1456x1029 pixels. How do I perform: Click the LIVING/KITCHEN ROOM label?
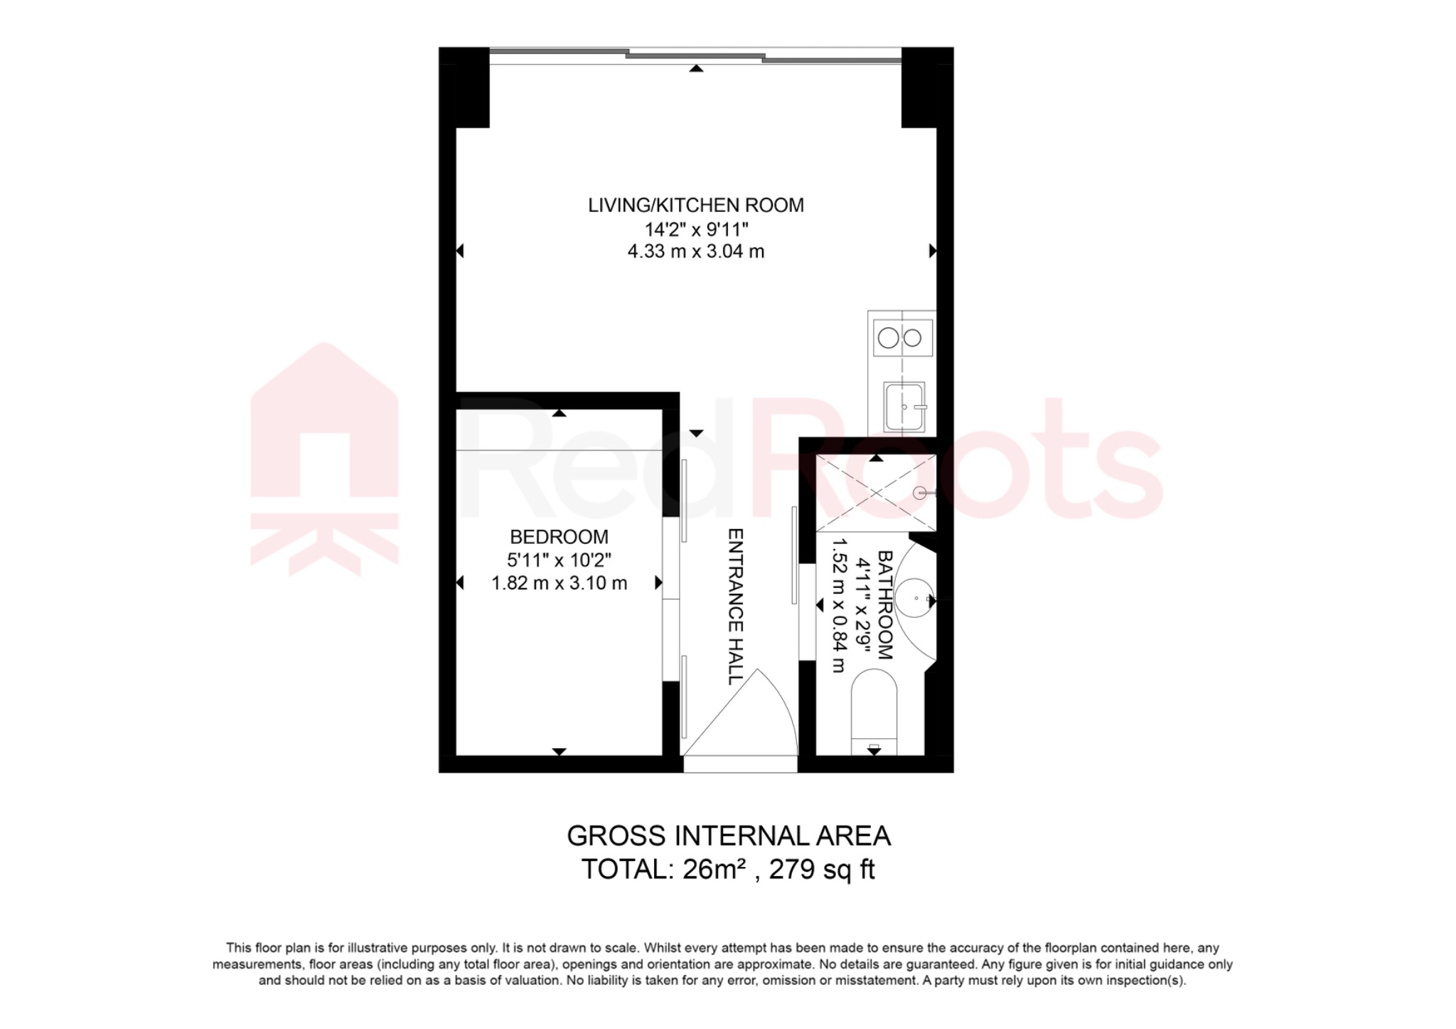(695, 206)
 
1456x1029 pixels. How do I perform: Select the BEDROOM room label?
(559, 537)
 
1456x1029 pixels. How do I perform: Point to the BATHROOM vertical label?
(884, 604)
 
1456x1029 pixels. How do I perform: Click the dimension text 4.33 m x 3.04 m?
(695, 252)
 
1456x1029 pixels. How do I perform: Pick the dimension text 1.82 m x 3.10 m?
(559, 583)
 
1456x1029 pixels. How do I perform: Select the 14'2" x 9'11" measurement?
(695, 230)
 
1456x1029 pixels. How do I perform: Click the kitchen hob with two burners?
(901, 338)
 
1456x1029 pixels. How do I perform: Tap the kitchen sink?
(904, 407)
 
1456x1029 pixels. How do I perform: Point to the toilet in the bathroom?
(874, 711)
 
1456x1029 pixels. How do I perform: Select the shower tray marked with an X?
(876, 493)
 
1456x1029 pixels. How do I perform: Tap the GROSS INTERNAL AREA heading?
(728, 836)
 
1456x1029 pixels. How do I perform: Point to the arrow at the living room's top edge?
(696, 68)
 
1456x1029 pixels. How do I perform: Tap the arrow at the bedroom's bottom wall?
(559, 751)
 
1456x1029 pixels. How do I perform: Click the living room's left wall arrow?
(460, 251)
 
